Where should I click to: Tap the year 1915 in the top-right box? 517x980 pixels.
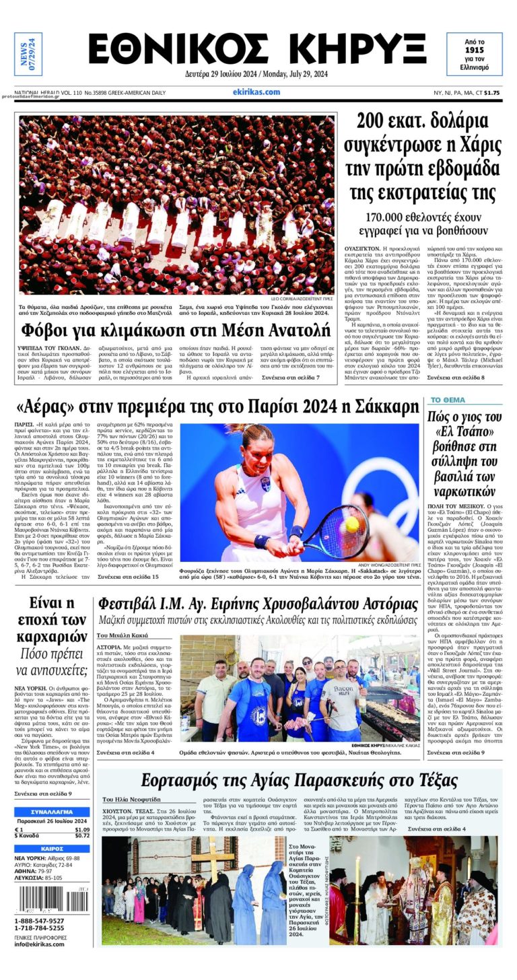pyautogui.click(x=474, y=50)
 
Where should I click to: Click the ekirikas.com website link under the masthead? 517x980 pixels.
pyautogui.click(x=256, y=92)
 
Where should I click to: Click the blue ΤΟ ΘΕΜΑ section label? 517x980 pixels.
pyautogui.click(x=448, y=400)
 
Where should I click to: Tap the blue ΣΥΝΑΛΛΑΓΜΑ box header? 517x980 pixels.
pyautogui.click(x=52, y=812)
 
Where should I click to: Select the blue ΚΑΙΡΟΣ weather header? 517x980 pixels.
pyautogui.click(x=52, y=849)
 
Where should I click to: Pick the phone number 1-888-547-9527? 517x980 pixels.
pyautogui.click(x=39, y=921)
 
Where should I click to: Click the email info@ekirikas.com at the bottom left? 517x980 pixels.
pyautogui.click(x=40, y=944)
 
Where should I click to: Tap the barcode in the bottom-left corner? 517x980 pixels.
pyautogui.click(x=51, y=899)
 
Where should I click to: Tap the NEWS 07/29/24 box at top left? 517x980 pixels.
pyautogui.click(x=28, y=54)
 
